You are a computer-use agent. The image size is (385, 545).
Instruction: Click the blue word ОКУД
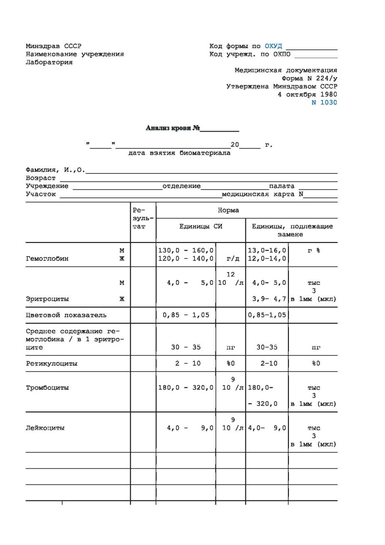[273, 46]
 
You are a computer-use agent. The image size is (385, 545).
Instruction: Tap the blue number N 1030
[324, 103]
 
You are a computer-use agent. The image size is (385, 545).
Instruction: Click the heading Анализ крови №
[173, 128]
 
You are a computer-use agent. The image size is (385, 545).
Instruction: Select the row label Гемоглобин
[47, 259]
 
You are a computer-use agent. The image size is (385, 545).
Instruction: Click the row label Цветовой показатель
[66, 315]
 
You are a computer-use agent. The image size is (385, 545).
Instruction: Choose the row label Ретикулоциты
[51, 363]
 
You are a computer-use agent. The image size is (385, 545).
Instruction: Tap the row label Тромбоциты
[47, 388]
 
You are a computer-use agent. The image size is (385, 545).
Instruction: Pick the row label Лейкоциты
[45, 428]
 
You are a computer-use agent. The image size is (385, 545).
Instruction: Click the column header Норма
[228, 210]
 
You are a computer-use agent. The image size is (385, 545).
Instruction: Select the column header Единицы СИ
[200, 227]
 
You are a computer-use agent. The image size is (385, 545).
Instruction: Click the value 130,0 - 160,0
[186, 250]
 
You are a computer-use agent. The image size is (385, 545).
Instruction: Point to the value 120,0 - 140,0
[186, 259]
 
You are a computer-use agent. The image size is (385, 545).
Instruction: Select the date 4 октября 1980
[307, 94]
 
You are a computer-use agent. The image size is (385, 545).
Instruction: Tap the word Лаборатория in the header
[49, 63]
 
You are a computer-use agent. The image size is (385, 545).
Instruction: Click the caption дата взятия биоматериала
[179, 153]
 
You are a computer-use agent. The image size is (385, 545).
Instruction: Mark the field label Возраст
[41, 178]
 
